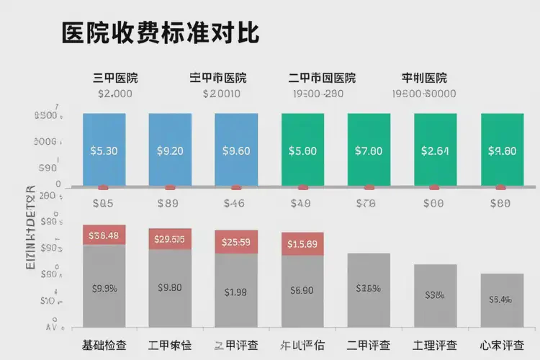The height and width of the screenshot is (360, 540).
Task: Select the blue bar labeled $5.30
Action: click(x=104, y=150)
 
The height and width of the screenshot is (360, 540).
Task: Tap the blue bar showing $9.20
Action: click(x=170, y=150)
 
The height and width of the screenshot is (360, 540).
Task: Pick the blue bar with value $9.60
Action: click(x=235, y=150)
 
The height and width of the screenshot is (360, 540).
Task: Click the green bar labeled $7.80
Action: click(x=369, y=150)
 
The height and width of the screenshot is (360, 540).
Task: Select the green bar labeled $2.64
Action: click(x=435, y=150)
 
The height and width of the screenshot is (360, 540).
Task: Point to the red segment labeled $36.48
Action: click(x=104, y=235)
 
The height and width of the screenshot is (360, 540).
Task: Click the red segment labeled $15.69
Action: click(x=302, y=243)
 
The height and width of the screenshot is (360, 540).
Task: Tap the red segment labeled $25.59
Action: click(x=235, y=241)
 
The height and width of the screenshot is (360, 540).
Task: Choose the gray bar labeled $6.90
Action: click(x=302, y=292)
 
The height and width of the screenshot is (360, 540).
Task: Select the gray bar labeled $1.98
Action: click(x=235, y=292)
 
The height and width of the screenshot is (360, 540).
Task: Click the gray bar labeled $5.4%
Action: click(x=501, y=299)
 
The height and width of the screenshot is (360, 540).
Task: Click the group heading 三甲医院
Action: click(x=115, y=78)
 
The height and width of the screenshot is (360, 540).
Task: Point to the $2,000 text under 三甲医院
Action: click(x=115, y=94)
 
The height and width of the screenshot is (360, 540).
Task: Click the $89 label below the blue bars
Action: click(x=170, y=204)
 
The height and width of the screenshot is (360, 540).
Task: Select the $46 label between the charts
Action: click(x=235, y=204)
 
